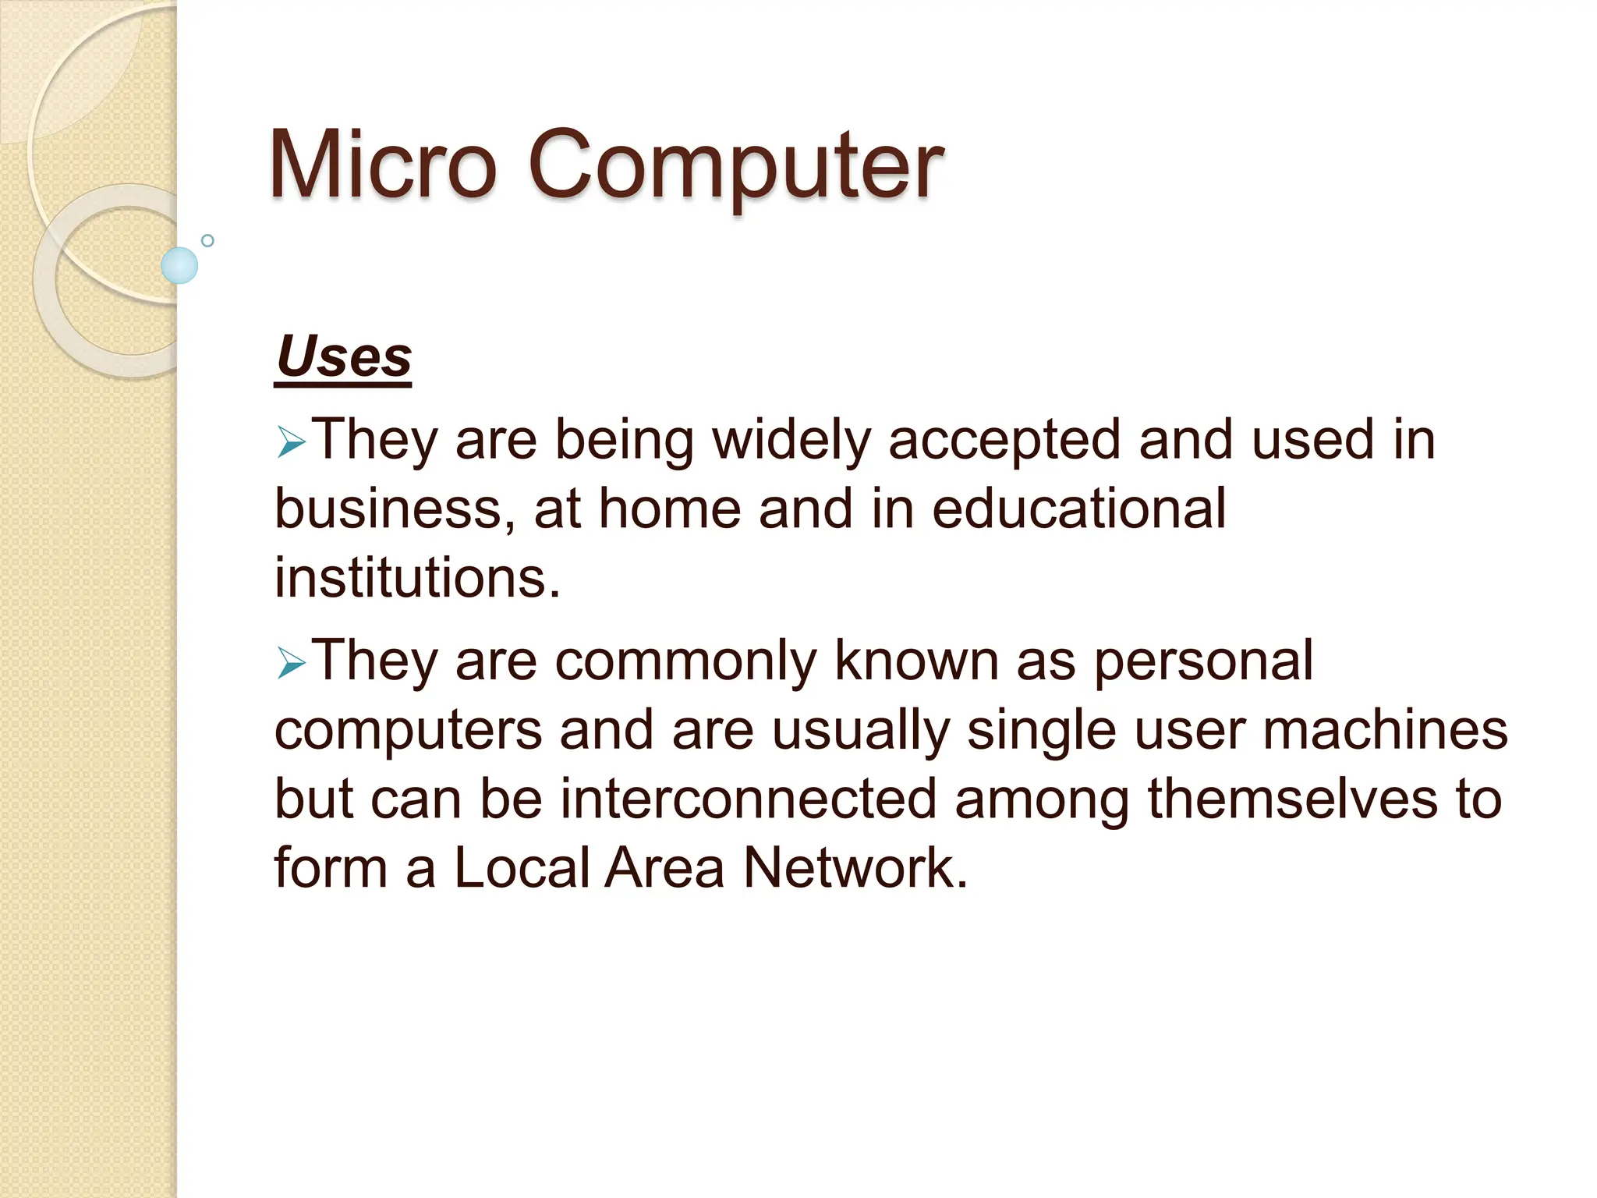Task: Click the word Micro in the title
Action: [x=382, y=165]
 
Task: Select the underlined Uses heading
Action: [x=343, y=357]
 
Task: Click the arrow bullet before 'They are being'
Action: [x=291, y=444]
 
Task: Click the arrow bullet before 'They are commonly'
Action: [x=291, y=665]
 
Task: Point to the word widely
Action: [x=791, y=441]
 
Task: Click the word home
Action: [x=670, y=509]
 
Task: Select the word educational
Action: [x=1079, y=509]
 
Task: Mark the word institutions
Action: [x=417, y=578]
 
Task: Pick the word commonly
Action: [x=685, y=661]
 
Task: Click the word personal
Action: [x=1203, y=661]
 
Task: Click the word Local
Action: [x=522, y=867]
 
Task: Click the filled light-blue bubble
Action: [x=179, y=265]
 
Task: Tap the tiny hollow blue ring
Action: [x=207, y=240]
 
